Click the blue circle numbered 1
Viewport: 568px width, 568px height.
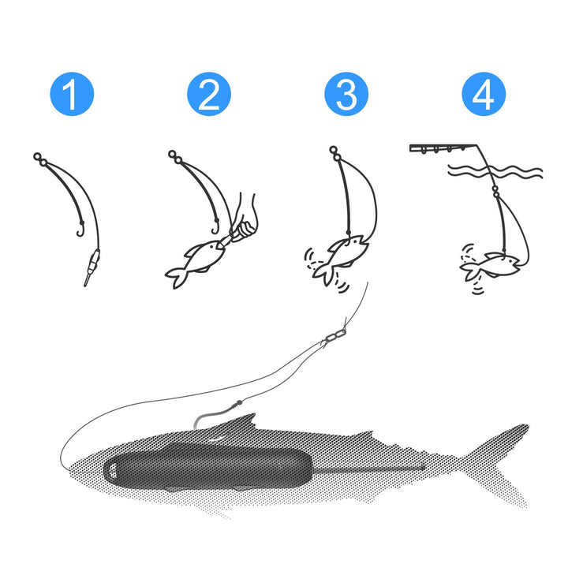[71, 95]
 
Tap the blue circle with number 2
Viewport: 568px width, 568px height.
[208, 95]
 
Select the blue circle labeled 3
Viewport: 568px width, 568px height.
[346, 95]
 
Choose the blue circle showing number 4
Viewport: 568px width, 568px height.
[483, 95]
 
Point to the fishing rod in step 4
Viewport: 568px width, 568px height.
[446, 148]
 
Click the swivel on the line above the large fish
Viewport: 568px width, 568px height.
[334, 337]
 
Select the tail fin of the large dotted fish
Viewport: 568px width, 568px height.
[505, 465]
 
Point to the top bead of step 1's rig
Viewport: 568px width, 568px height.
[37, 156]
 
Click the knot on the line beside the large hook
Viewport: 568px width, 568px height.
[234, 407]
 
